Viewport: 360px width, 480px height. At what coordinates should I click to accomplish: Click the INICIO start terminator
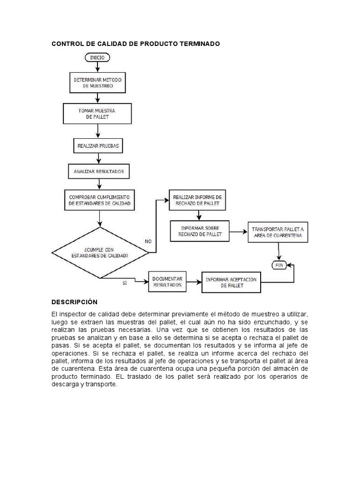[97, 58]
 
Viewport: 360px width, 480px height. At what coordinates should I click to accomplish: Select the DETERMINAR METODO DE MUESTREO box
[97, 83]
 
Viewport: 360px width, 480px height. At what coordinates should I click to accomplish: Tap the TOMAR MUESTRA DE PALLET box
[97, 113]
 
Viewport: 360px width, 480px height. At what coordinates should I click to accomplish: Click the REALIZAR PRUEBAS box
[97, 146]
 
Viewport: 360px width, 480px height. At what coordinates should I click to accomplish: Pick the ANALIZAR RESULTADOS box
[98, 172]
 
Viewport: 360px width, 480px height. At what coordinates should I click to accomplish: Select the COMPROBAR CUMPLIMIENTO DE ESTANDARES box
[99, 200]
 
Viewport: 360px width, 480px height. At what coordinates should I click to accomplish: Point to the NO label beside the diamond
[148, 241]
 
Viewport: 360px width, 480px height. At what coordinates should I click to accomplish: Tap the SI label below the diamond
[125, 283]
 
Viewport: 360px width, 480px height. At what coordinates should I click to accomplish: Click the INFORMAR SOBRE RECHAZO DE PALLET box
[200, 231]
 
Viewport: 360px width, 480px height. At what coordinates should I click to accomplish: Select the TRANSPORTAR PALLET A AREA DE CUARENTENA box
[278, 232]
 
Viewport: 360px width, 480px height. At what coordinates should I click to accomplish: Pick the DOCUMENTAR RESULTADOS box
[167, 281]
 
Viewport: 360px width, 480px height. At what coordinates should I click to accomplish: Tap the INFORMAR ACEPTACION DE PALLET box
[231, 282]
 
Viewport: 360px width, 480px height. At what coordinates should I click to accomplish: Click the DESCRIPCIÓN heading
[75, 302]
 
